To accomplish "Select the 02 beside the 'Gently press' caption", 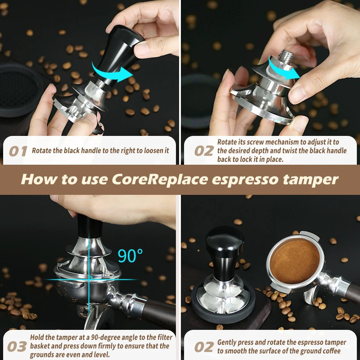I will point(203,347).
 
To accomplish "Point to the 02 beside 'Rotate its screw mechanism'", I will point(203,151).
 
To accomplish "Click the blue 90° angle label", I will point(130,256).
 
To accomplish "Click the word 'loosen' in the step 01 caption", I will point(152,151).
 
